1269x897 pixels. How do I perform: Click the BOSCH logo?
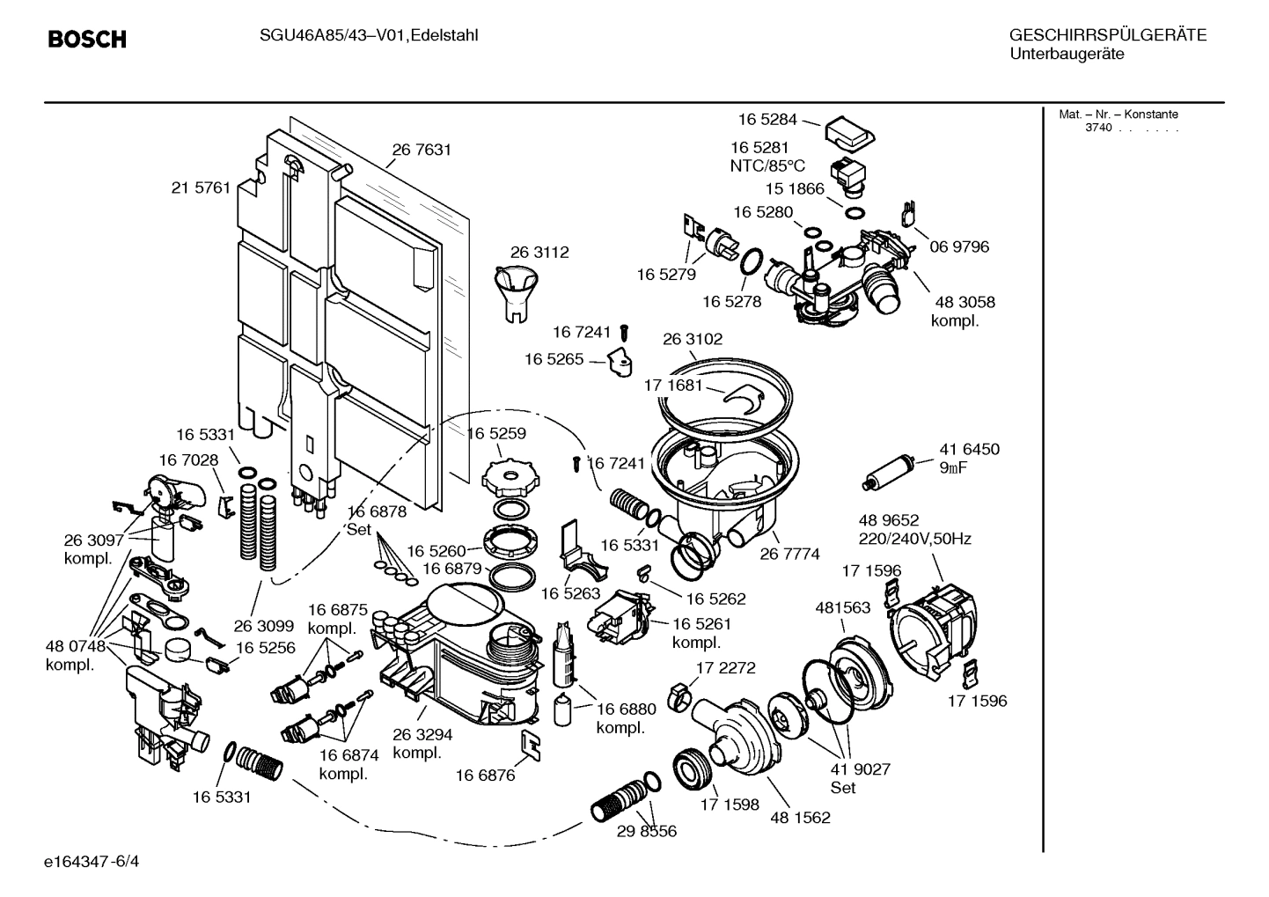pyautogui.click(x=87, y=40)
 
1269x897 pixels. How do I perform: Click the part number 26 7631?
pyautogui.click(x=422, y=150)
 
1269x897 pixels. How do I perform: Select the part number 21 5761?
pyautogui.click(x=201, y=187)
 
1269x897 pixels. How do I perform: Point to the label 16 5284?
pyautogui.click(x=767, y=119)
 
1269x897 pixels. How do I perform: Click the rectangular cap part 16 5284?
pyautogui.click(x=849, y=131)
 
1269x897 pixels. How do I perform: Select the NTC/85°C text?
pyautogui.click(x=767, y=165)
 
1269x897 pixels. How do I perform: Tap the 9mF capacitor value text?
pyautogui.click(x=953, y=467)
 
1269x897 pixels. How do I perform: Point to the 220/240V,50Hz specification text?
pyautogui.click(x=914, y=539)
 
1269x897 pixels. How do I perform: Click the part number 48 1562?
pyautogui.click(x=800, y=818)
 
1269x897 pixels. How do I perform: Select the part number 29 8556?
pyautogui.click(x=647, y=831)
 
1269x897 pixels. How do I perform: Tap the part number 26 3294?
pyautogui.click(x=422, y=734)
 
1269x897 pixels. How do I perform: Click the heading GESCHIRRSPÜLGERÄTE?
pyautogui.click(x=1108, y=36)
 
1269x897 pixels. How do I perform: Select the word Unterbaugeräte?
pyautogui.click(x=1067, y=55)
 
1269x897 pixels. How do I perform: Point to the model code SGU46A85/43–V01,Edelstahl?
pyautogui.click(x=369, y=36)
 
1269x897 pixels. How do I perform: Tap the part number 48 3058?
pyautogui.click(x=963, y=302)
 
